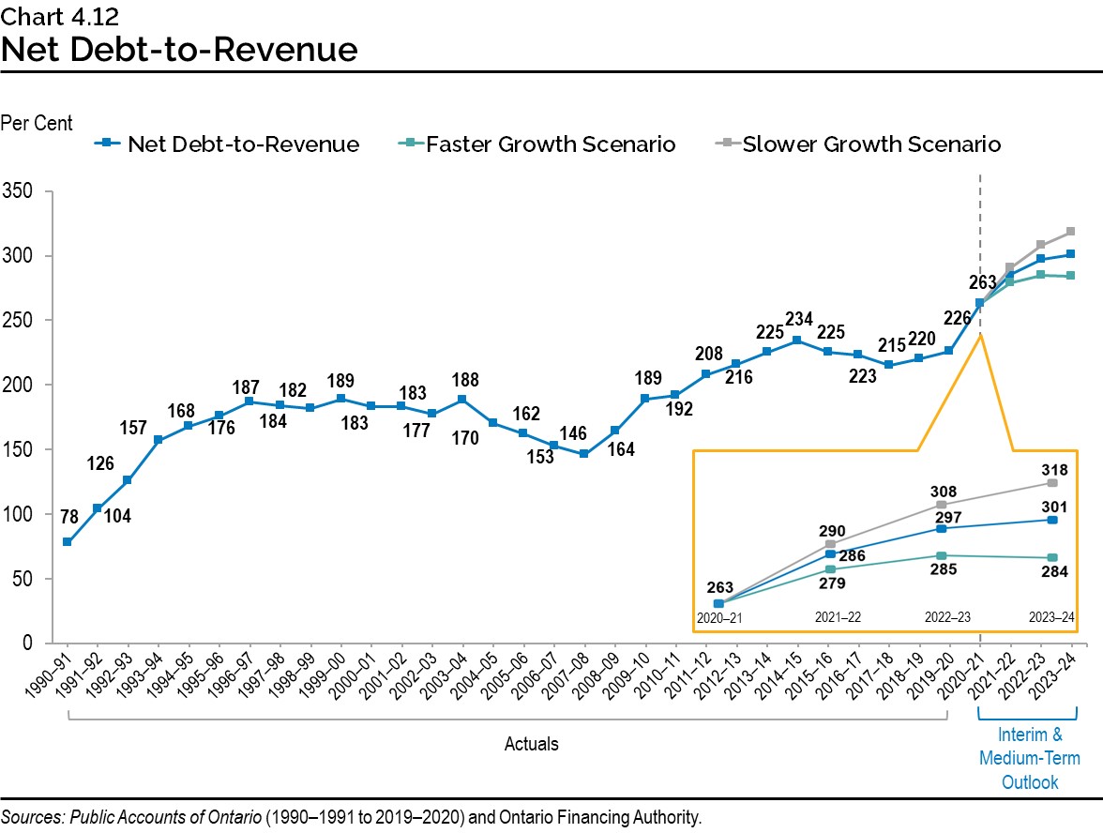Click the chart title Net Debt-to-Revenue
pos(179,49)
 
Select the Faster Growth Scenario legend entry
pos(550,144)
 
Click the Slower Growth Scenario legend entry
pos(871,144)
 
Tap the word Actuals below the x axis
pos(531,744)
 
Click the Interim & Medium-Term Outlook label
pos(1029,758)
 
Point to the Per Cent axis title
pos(37,123)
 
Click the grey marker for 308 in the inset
pos(941,505)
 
